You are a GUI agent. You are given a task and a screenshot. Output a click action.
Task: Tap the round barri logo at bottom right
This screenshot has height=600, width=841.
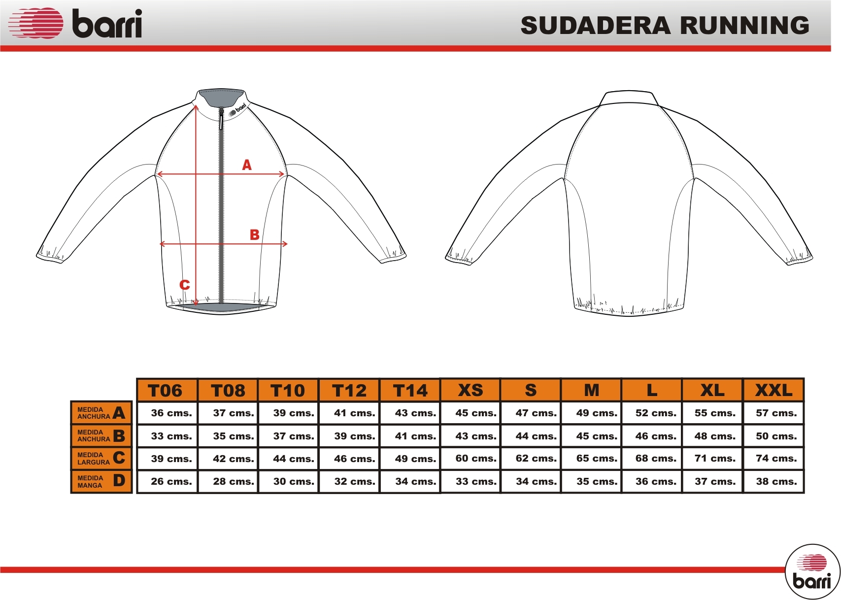[x=812, y=576]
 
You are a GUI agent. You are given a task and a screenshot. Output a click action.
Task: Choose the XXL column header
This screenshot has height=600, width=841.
[x=774, y=390]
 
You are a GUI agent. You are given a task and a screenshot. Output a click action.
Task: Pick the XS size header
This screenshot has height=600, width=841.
[x=471, y=390]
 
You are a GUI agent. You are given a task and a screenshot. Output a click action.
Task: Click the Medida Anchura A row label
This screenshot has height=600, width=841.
[x=101, y=413]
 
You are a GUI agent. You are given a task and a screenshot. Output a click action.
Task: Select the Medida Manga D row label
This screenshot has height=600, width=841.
[x=101, y=481]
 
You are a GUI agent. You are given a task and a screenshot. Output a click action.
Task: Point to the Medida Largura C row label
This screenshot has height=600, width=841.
[x=101, y=459]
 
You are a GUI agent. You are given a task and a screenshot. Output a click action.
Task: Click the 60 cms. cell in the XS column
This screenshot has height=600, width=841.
[x=476, y=459]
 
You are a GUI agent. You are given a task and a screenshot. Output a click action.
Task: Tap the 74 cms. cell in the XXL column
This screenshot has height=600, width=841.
[x=776, y=459]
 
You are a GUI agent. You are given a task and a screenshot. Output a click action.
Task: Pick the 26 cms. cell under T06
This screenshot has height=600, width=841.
[x=171, y=481]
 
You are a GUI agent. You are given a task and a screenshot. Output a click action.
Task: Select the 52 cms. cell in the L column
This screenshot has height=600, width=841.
[x=656, y=413]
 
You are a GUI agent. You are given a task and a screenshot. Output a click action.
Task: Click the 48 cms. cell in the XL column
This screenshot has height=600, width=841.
[x=715, y=436]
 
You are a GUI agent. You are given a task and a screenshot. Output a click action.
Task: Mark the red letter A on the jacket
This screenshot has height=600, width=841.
[x=247, y=165]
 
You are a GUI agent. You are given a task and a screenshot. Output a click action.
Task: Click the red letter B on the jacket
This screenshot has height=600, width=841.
[x=255, y=234]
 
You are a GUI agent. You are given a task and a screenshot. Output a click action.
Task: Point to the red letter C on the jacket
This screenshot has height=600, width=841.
[x=184, y=285]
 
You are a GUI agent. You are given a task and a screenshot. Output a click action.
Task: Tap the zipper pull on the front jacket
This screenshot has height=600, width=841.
[x=222, y=119]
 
